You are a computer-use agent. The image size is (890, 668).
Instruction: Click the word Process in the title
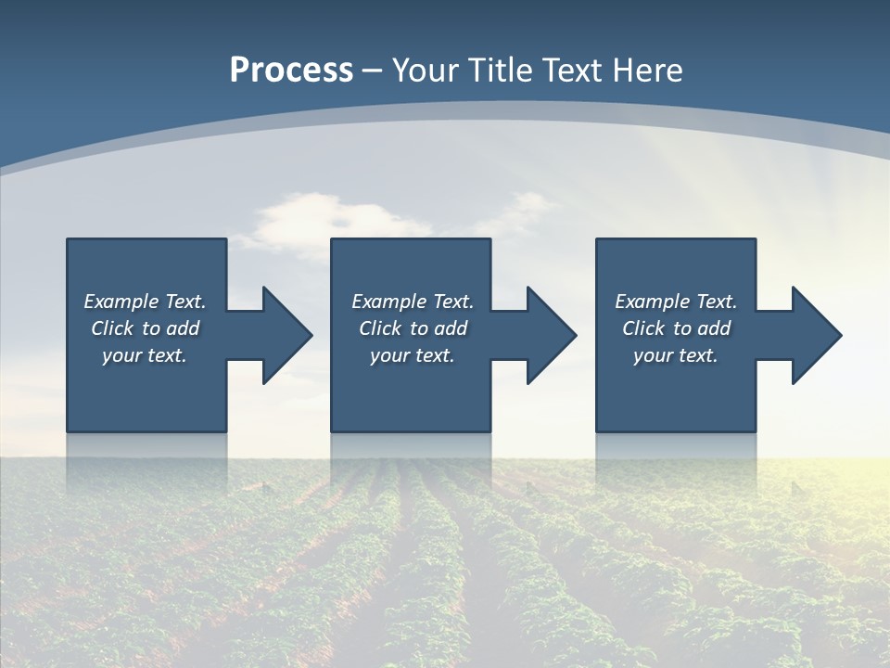point(291,71)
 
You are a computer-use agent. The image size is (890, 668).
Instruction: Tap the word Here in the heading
point(648,71)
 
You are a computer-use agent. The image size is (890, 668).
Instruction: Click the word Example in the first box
point(121,302)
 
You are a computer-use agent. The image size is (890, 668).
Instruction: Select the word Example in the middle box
point(388,302)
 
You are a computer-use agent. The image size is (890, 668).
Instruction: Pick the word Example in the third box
point(652,302)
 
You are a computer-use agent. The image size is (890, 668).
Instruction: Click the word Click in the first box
point(112,328)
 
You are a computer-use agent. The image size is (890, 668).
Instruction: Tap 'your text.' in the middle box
point(413,355)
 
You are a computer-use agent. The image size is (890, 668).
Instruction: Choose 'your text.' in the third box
point(676,355)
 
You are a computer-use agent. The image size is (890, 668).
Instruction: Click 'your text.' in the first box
point(145,355)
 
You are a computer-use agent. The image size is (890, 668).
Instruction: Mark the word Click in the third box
point(643,328)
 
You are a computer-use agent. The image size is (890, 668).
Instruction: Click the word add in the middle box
point(451,328)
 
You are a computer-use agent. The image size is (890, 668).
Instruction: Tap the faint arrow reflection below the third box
point(799,485)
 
